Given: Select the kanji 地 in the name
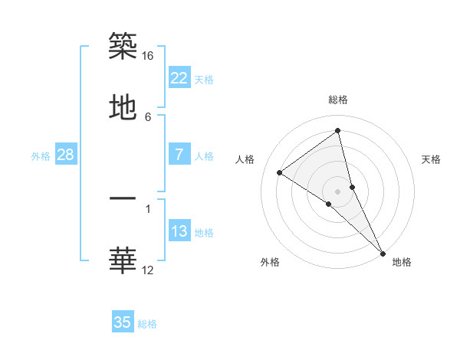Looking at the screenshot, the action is coord(123,108).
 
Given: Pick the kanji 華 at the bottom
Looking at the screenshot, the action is coord(123,261).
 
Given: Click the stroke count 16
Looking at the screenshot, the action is coord(148,56).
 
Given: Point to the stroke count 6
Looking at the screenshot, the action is coord(148,116).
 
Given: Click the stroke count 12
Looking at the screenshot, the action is coord(148,270).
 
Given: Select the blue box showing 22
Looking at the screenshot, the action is coord(179,78).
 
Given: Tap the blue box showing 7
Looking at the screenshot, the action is coord(179,155).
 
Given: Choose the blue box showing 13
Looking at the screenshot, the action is coord(179,231).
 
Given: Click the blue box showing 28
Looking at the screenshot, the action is coord(66,155).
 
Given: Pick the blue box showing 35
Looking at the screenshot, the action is coord(123,322).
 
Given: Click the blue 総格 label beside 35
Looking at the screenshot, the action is coord(147,324).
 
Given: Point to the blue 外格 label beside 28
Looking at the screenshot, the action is coord(41,156).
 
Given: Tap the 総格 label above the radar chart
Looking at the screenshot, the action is coord(338,100).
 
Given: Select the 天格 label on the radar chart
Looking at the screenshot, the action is coord(431,159).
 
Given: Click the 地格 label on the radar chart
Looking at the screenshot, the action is coord(402,262).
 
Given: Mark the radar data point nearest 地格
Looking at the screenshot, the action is coord(383,252).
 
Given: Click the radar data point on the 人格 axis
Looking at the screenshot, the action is coord(280,172).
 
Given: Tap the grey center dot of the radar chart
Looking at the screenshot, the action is coord(338,191).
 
